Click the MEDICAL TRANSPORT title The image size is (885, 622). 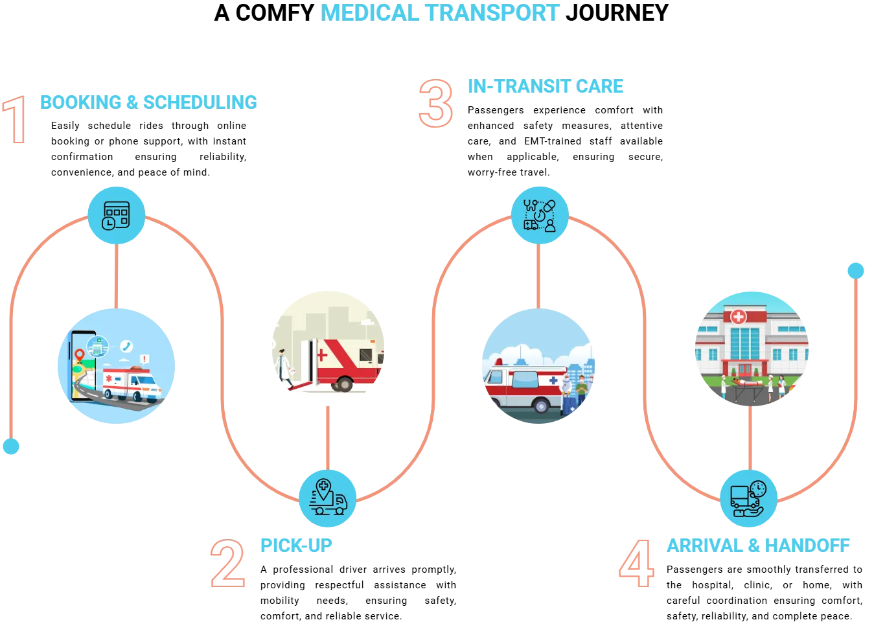pyautogui.click(x=441, y=12)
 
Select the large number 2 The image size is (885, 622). pyautogui.click(x=228, y=565)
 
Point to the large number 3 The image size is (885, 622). pyautogui.click(x=436, y=104)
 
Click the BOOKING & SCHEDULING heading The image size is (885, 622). pyautogui.click(x=148, y=101)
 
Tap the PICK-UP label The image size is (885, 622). pyautogui.click(x=297, y=545)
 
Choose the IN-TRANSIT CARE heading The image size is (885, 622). pyautogui.click(x=546, y=86)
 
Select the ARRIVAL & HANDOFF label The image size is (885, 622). pyautogui.click(x=757, y=546)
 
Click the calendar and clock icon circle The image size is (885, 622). pyautogui.click(x=117, y=216)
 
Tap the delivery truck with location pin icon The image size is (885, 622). pyautogui.click(x=328, y=497)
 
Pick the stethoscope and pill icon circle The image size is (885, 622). pyautogui.click(x=540, y=215)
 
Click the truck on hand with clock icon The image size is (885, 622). pyautogui.click(x=749, y=498)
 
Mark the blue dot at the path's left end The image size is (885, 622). pyautogui.click(x=11, y=446)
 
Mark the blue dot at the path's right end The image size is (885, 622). pyautogui.click(x=856, y=270)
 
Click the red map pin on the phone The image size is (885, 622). pyautogui.click(x=80, y=354)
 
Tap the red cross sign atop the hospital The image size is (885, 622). pyautogui.click(x=738, y=317)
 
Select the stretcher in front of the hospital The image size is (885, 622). pyautogui.click(x=748, y=385)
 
